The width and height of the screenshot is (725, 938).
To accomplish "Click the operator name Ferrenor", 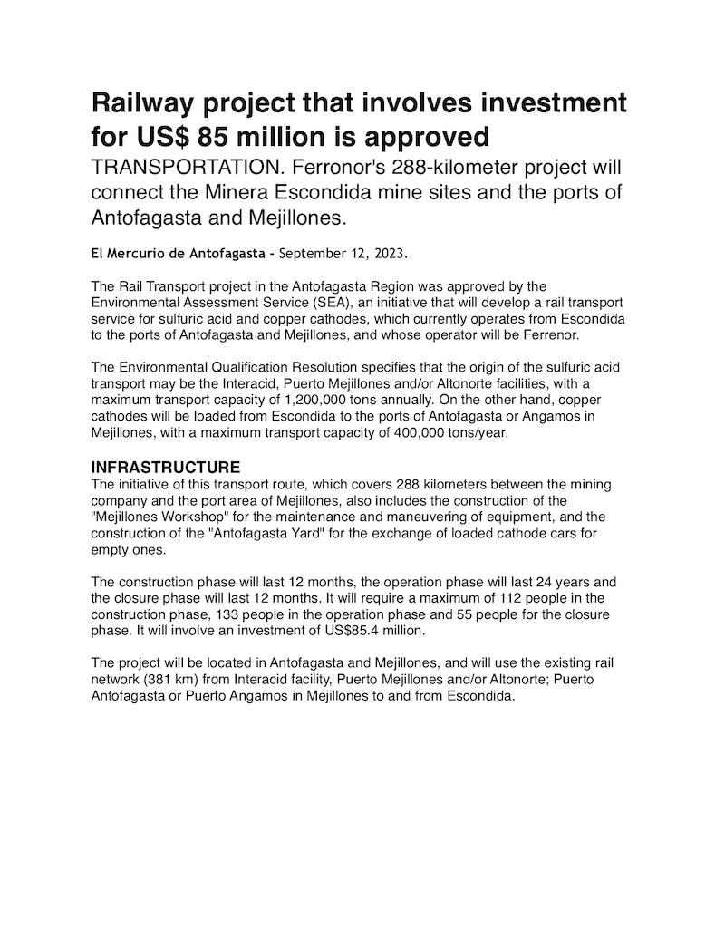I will (x=575, y=334).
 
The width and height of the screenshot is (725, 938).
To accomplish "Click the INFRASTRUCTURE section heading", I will (x=166, y=468).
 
